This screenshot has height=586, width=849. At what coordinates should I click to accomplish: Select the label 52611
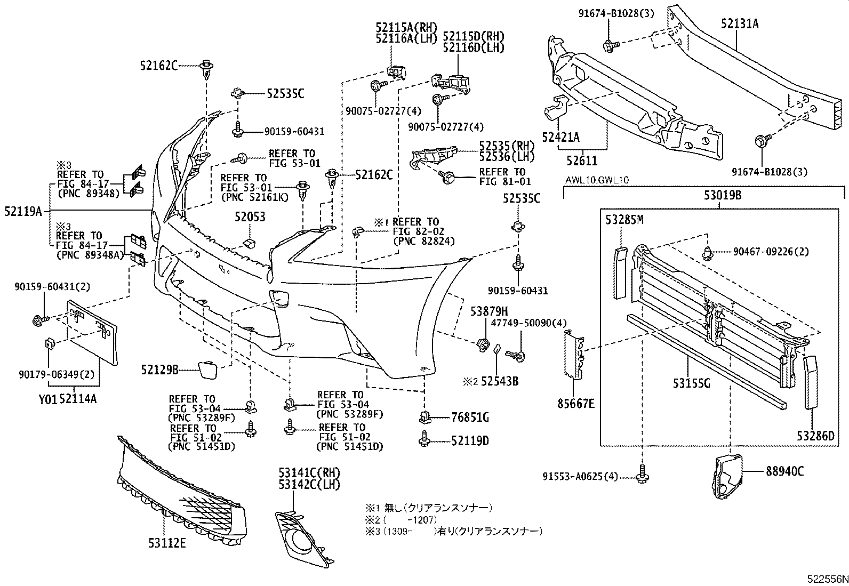point(582,160)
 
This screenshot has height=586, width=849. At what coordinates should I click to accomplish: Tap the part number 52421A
point(560,138)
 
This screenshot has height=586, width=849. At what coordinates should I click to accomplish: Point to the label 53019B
point(722,195)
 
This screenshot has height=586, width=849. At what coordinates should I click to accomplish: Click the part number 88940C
point(785,471)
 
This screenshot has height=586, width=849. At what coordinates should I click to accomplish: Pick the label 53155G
point(691,383)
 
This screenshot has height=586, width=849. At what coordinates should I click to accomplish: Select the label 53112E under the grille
point(167,543)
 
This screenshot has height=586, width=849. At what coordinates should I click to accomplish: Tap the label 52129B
point(159,370)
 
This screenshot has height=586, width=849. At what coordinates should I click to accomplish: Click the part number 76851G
point(470,418)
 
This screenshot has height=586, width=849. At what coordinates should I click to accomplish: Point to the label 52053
point(250,217)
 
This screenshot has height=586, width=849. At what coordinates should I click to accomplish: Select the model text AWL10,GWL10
point(597,180)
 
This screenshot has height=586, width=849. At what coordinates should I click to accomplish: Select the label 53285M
point(624,219)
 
